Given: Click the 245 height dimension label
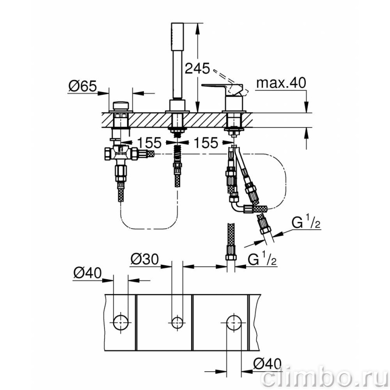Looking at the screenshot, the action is click(197, 68).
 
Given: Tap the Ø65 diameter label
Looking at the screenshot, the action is click(83, 86).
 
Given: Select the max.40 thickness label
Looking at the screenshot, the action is click(281, 83).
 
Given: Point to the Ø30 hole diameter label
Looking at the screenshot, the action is click(145, 260).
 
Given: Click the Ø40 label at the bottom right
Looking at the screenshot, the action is click(267, 364).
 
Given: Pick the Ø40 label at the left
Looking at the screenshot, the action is click(88, 273).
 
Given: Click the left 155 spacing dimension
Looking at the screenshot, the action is click(149, 143).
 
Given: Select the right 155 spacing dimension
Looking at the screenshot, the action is click(206, 143).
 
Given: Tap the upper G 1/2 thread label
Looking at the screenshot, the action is click(306, 222).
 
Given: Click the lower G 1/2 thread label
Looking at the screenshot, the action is click(262, 260).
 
